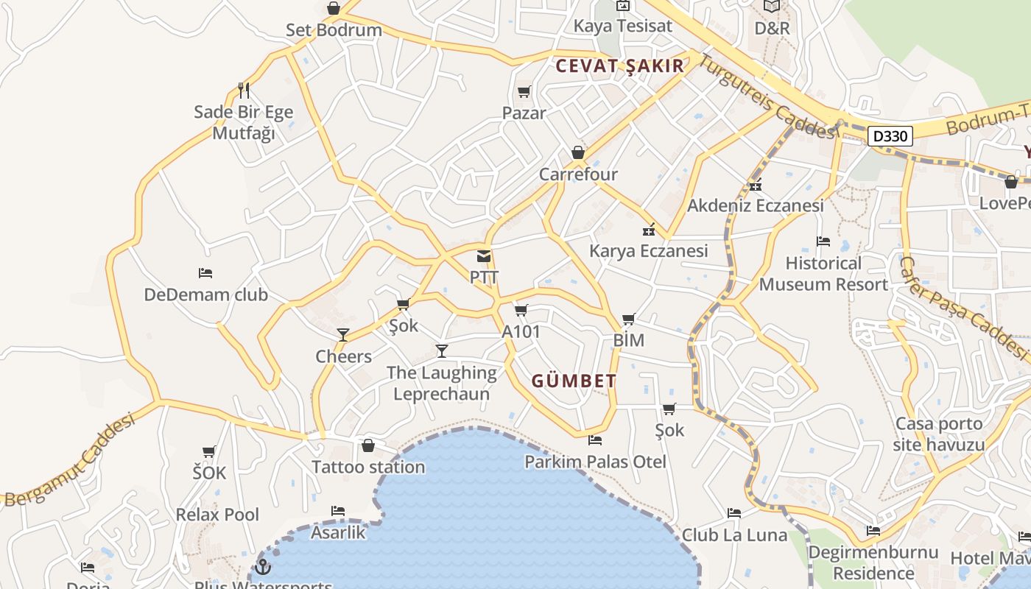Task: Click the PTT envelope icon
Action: (x=484, y=256)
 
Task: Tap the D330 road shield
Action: (x=890, y=136)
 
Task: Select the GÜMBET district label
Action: (x=574, y=381)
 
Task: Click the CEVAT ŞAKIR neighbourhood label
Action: (x=620, y=66)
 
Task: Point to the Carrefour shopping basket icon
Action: (x=578, y=153)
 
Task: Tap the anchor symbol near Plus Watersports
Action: (x=263, y=567)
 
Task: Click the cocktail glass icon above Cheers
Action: (x=342, y=335)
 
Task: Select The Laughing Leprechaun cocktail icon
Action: (x=442, y=351)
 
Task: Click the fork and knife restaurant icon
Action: (x=244, y=91)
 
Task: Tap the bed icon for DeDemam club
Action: (x=205, y=273)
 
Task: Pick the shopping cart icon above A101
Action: (x=521, y=310)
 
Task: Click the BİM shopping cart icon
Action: (x=628, y=319)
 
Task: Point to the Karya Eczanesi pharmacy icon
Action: (x=649, y=229)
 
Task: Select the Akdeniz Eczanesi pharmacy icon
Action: (x=755, y=184)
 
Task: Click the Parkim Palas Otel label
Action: (x=595, y=462)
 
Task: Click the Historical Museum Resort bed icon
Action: (x=823, y=241)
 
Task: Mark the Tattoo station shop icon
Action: (x=368, y=445)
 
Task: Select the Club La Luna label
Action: (x=734, y=535)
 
